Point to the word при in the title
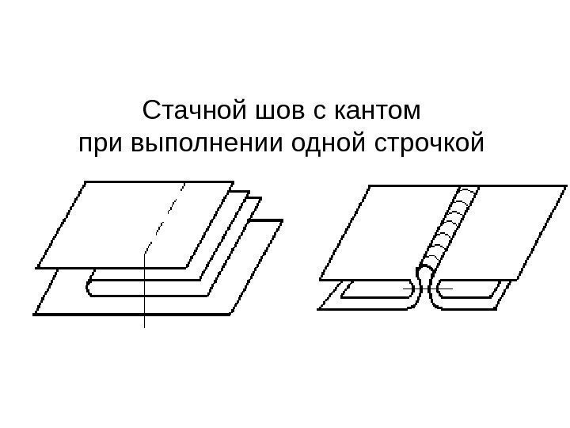(x=97, y=145)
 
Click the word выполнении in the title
(x=197, y=145)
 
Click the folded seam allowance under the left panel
(x=372, y=291)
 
